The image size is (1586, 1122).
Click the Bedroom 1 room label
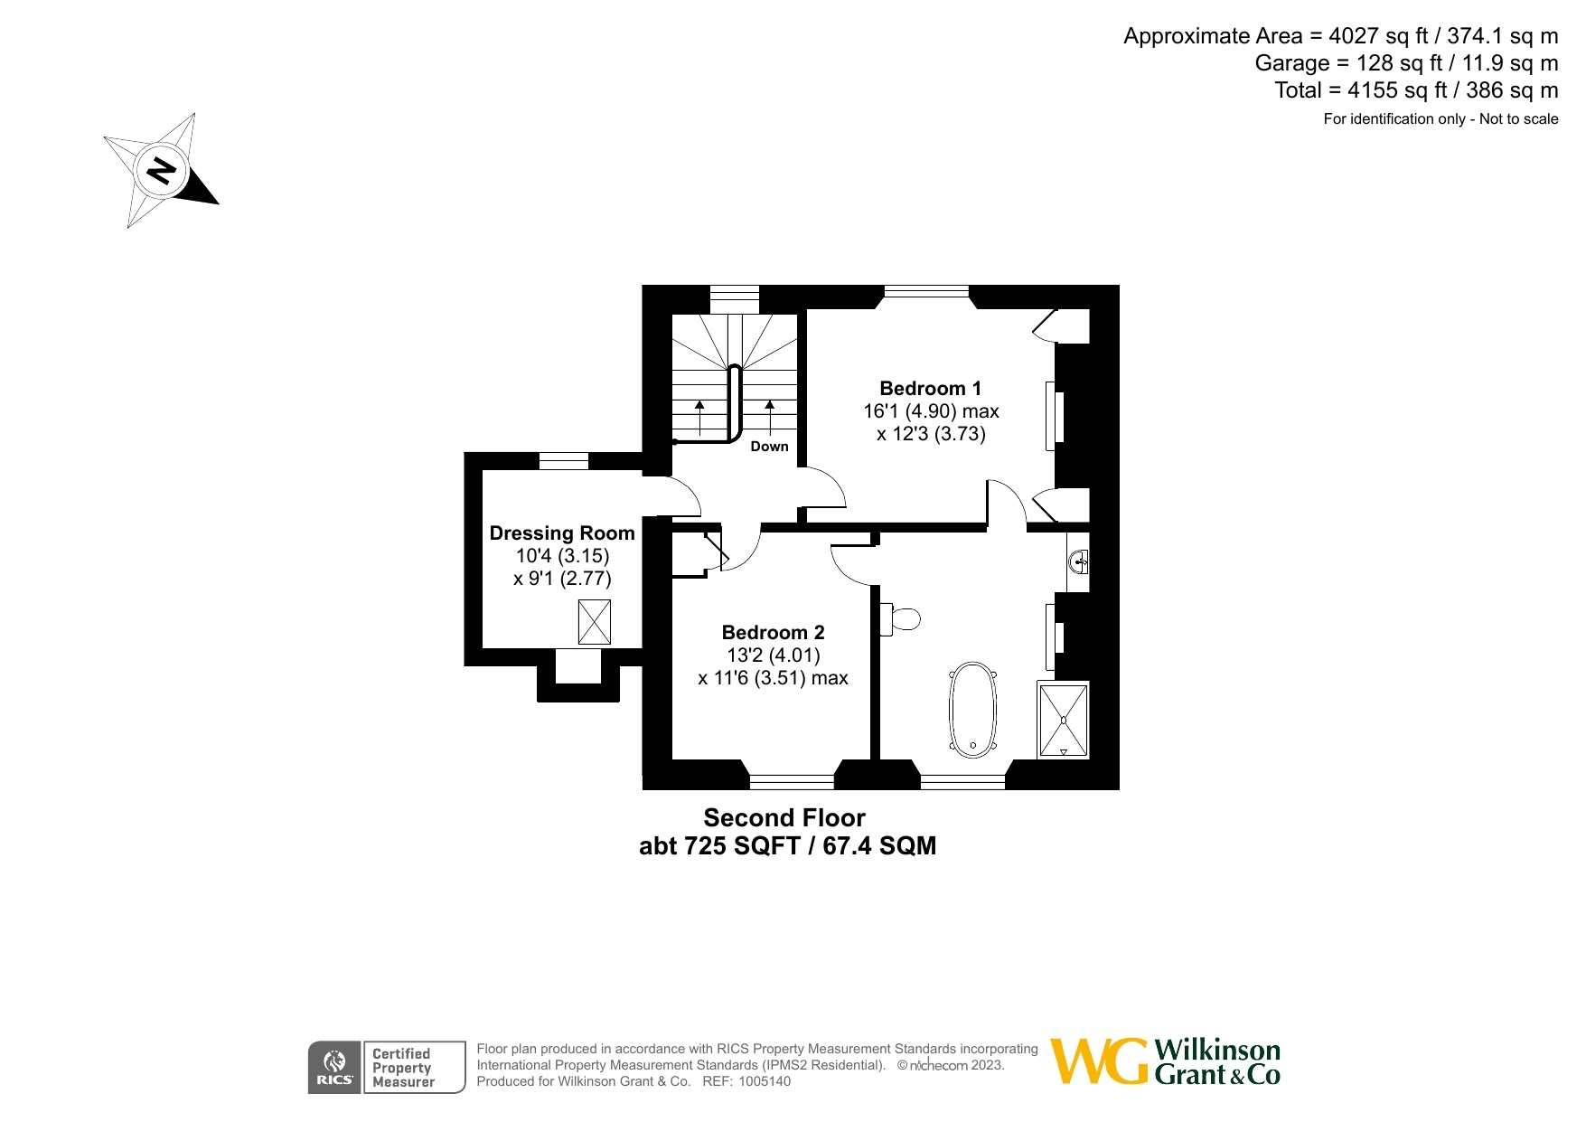930,389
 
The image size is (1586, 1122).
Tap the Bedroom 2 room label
773,633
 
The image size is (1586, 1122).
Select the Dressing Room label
562,533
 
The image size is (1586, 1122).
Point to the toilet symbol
901,619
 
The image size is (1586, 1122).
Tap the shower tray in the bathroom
1064,721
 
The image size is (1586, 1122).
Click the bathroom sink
1078,562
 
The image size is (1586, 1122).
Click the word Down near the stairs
769,447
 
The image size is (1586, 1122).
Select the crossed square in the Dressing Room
594,622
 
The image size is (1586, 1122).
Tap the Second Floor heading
784,818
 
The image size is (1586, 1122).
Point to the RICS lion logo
334,1067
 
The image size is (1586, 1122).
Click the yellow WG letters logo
1098,1061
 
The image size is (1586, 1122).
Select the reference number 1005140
765,1081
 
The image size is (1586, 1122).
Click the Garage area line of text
1406,63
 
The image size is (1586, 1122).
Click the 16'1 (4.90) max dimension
931,411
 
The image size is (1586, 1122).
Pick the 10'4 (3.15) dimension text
562,556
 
